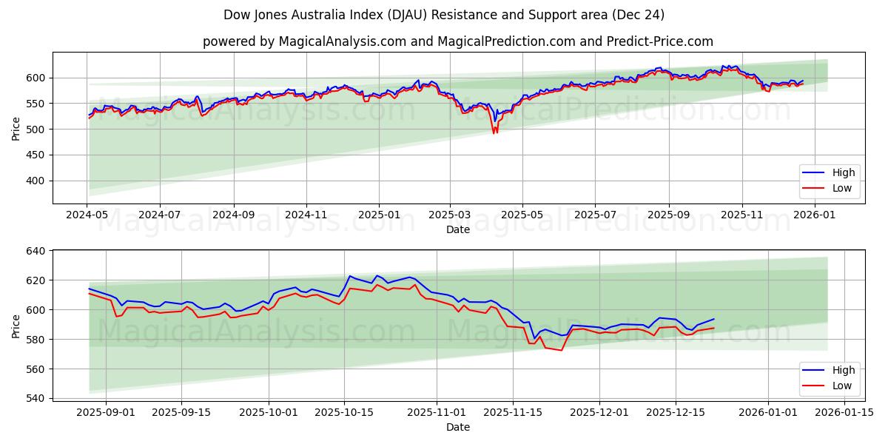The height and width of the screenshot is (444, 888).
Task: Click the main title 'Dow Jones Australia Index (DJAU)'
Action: (x=443, y=15)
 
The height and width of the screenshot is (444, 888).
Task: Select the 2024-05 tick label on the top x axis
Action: (x=87, y=215)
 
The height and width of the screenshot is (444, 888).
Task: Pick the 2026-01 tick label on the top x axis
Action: (x=814, y=215)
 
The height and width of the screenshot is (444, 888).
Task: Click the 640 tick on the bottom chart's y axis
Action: (x=36, y=251)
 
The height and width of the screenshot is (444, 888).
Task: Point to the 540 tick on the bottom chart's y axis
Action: (x=36, y=398)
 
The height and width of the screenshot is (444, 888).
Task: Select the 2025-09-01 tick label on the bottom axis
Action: (x=106, y=412)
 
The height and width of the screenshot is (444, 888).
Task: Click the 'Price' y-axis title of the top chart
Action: (x=16, y=129)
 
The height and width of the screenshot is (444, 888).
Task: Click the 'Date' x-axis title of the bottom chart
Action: (x=458, y=427)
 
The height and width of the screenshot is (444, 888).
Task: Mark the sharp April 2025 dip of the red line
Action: (x=494, y=133)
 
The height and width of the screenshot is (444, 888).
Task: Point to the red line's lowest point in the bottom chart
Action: (x=561, y=350)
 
